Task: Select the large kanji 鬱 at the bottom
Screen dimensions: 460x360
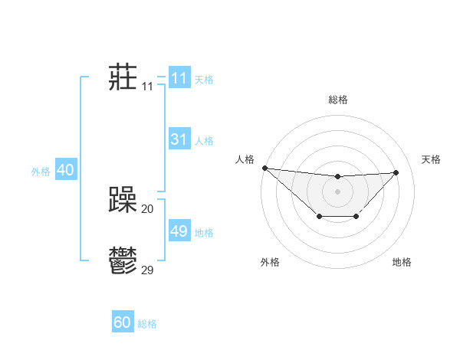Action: coord(123,261)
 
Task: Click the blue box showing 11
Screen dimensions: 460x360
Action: coord(179,78)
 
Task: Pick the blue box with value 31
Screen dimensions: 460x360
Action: coord(179,139)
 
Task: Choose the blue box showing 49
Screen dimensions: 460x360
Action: coord(179,231)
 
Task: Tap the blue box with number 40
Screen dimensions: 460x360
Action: coord(65,170)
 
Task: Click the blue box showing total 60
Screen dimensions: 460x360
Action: coord(123,322)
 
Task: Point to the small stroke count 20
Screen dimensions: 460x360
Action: coord(148,209)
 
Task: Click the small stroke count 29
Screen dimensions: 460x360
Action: coord(148,270)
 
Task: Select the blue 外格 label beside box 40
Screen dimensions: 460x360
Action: coord(41,172)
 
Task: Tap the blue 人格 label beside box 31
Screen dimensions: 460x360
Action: coord(204,141)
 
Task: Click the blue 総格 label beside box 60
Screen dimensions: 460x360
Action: coord(147,324)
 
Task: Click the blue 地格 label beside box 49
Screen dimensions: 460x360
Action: coord(204,233)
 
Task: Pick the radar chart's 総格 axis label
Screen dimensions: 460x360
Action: coord(337,100)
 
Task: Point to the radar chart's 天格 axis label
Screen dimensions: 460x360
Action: coord(432,159)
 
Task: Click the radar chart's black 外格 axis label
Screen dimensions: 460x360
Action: coord(270,263)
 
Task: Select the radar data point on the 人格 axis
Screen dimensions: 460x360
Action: coord(264,168)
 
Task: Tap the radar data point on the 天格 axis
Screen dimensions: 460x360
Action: coord(396,172)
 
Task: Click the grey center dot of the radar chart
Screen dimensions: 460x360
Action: coord(337,191)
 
